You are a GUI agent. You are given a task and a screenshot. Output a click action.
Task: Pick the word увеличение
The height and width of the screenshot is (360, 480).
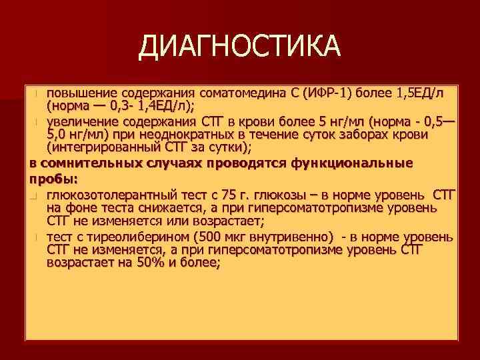click(81, 123)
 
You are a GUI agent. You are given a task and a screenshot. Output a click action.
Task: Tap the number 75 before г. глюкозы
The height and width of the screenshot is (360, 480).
click(229, 194)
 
